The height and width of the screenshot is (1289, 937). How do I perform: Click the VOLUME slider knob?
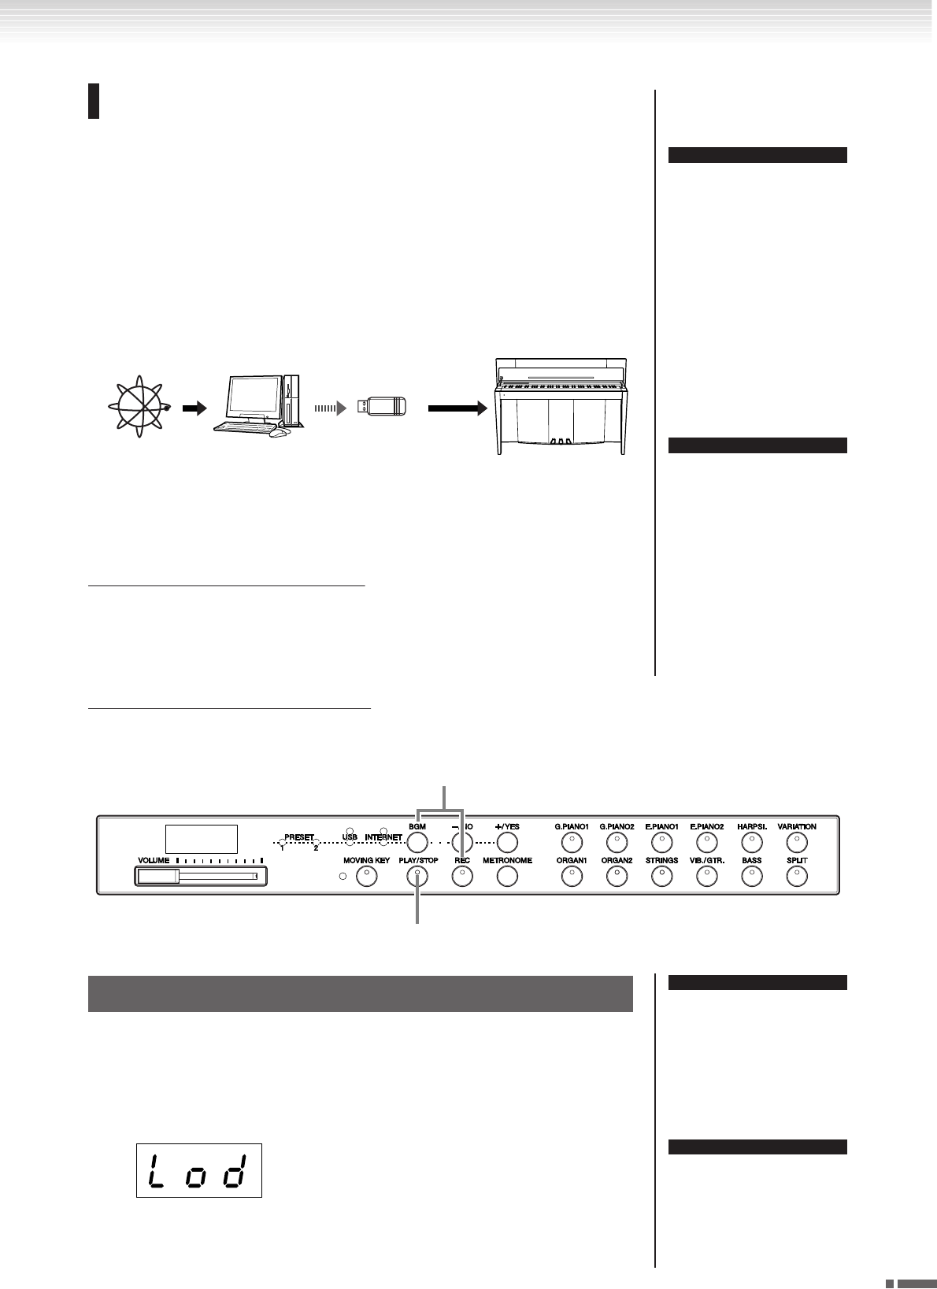click(x=157, y=876)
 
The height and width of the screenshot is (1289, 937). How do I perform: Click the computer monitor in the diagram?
click(x=254, y=399)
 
